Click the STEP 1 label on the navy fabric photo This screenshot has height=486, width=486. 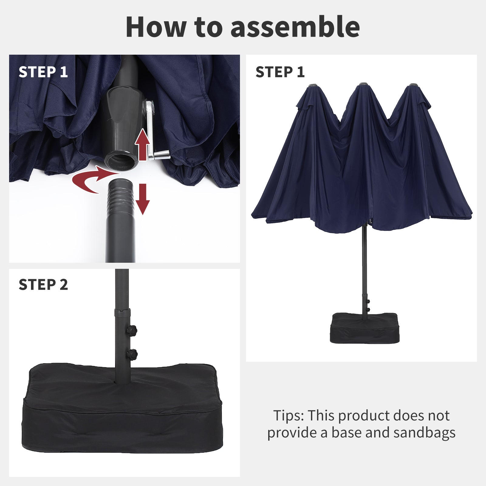[43, 72]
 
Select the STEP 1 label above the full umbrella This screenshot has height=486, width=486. [280, 72]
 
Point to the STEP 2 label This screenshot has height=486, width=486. [43, 285]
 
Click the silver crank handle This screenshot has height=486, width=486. [153, 134]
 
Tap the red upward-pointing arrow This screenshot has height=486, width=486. [142, 145]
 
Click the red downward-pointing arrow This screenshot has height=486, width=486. [143, 199]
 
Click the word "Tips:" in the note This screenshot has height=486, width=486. [288, 416]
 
